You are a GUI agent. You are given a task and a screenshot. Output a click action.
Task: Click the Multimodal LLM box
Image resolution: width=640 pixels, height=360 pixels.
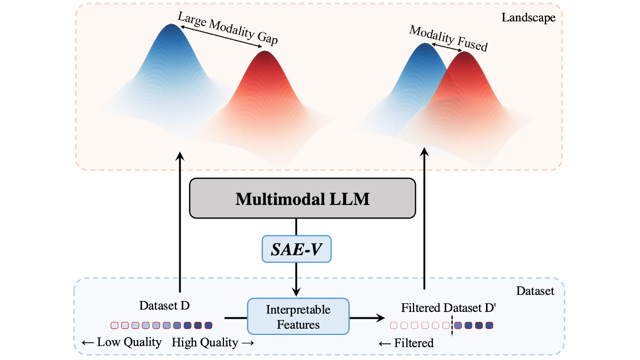coord(302,199)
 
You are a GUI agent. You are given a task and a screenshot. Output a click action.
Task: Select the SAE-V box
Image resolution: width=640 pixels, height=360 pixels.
coord(296,249)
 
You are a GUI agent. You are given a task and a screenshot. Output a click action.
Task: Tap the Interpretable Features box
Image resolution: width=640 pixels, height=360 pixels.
coord(298,317)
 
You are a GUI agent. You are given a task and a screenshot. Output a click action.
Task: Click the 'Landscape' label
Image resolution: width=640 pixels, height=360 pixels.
coord(528,18)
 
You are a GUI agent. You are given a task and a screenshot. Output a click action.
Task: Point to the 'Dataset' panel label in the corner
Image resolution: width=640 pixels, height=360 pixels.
coord(535,291)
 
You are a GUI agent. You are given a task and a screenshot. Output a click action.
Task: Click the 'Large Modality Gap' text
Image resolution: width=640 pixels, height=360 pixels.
coord(228,29)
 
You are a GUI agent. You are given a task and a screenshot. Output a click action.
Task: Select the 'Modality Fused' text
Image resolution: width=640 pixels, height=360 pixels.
coord(448,39)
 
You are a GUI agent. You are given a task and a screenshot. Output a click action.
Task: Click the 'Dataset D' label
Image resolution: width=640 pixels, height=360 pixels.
coord(164,305)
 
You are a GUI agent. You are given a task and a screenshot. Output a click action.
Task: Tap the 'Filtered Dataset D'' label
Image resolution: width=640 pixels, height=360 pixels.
coord(448,307)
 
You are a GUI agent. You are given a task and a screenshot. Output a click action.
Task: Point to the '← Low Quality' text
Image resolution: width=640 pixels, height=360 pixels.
coord(122,342)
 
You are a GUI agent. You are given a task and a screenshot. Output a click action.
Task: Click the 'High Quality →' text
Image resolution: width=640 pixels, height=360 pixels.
coord(212,342)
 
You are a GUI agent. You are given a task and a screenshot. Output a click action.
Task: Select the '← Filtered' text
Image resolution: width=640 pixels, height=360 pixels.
coord(406,343)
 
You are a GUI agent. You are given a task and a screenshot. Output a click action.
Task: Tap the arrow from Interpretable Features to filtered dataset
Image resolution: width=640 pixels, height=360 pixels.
coord(366,317)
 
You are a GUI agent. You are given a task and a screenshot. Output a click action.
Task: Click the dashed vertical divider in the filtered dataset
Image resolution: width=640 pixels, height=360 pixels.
coord(452,326)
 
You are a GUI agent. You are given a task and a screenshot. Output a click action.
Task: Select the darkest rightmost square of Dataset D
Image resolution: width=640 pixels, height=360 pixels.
coord(208,326)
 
